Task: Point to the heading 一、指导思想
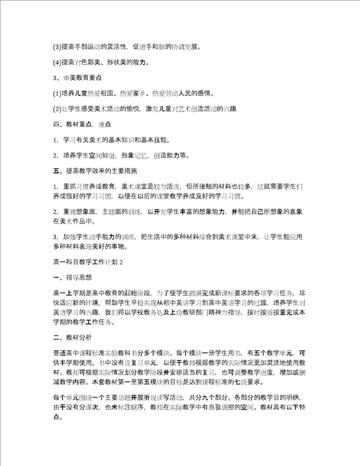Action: click(71, 277)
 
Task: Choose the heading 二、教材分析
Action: click(71, 338)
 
